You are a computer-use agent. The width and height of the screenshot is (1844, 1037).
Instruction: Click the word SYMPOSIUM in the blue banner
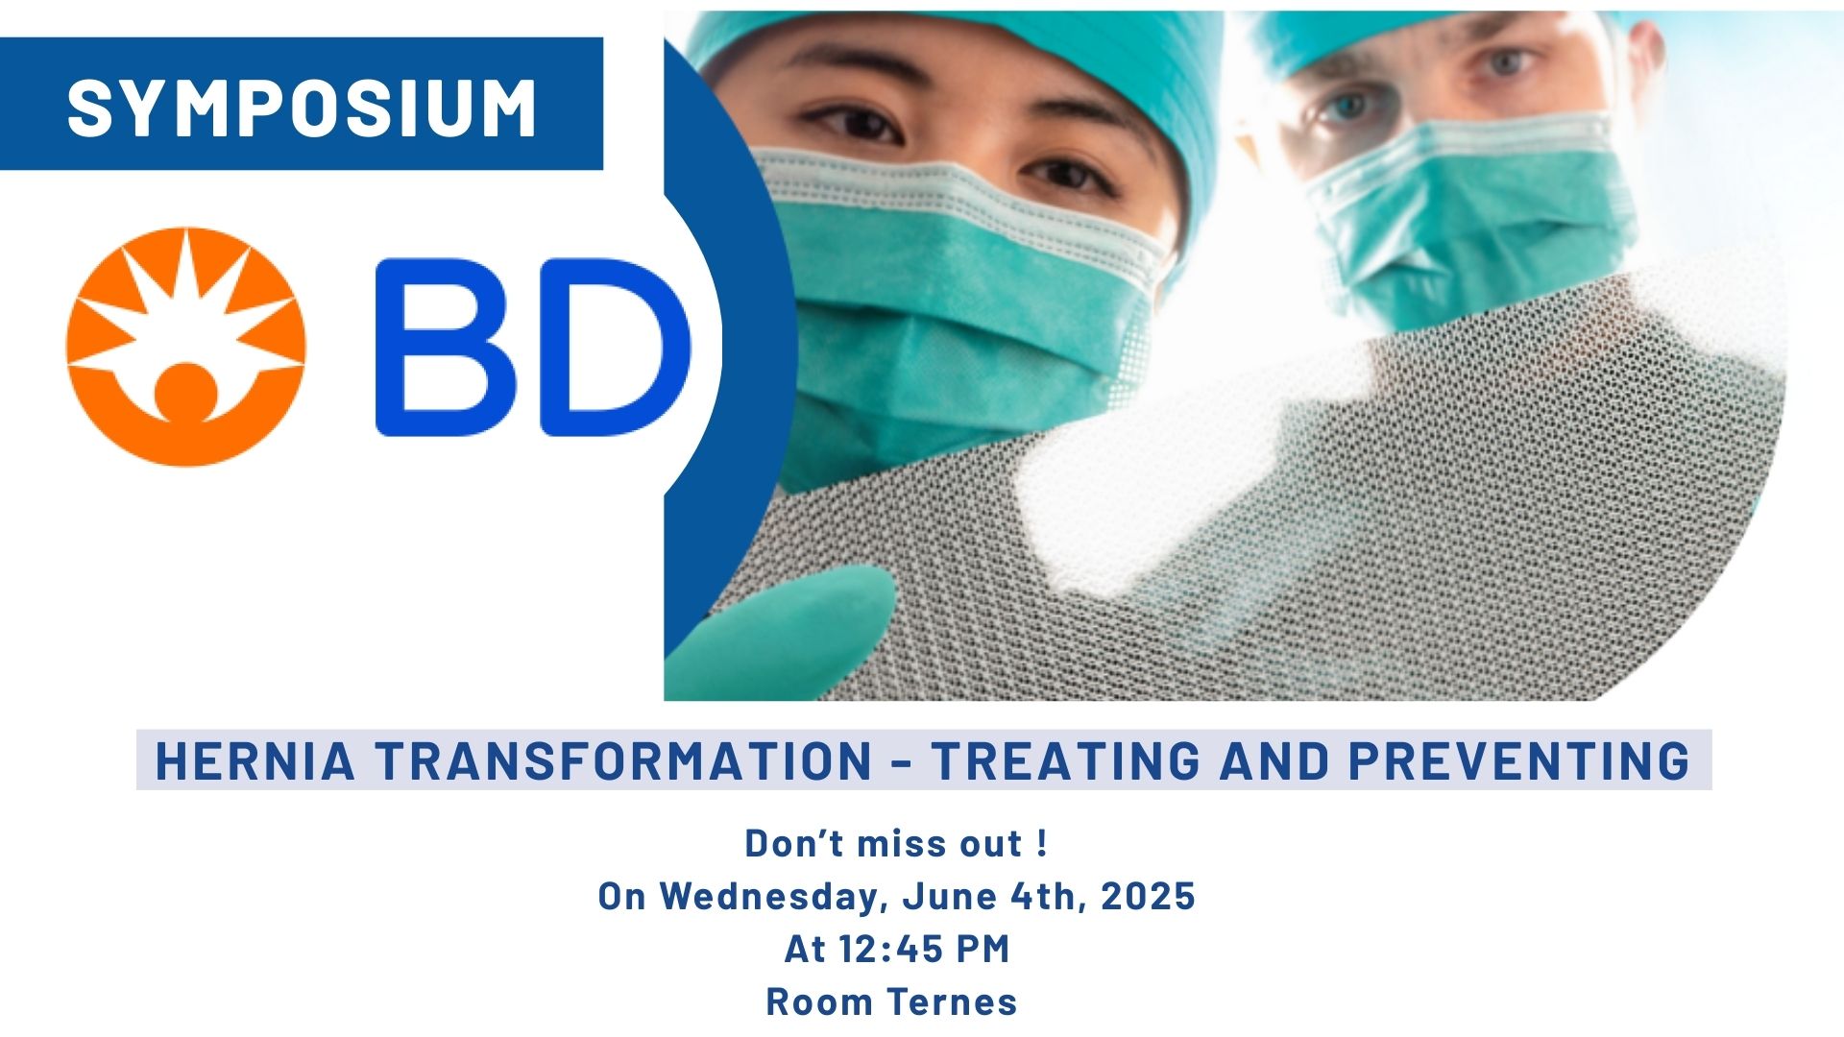click(x=302, y=107)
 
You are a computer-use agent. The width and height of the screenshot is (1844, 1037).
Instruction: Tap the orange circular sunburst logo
click(x=186, y=347)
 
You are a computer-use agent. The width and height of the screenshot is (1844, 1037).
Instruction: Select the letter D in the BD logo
click(x=617, y=347)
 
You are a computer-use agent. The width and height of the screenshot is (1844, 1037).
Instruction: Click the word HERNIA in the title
click(x=255, y=760)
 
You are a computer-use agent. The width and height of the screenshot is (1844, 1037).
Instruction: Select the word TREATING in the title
click(x=1066, y=760)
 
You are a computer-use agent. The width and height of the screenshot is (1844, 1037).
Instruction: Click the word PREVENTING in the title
click(x=1519, y=760)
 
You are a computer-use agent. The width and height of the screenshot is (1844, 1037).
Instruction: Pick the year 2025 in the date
click(x=1148, y=897)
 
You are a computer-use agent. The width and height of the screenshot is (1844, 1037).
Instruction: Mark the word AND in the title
click(x=1274, y=760)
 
